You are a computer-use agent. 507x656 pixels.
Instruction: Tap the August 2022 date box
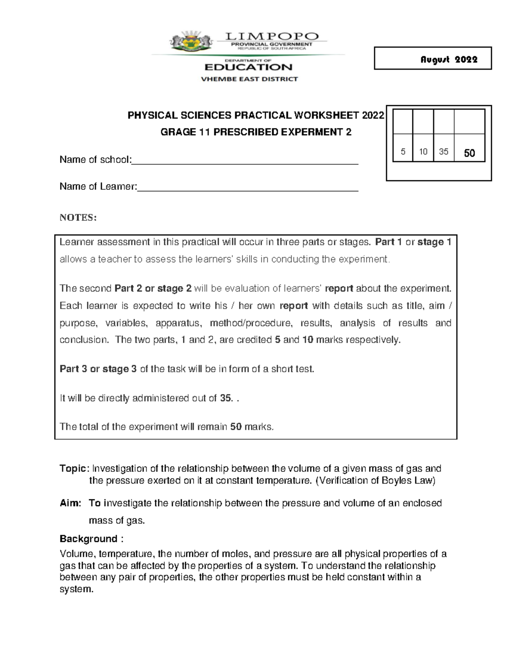tap(433, 58)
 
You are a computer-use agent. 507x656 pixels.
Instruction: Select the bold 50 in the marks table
tap(469, 153)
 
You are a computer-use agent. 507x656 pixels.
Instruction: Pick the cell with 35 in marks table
tap(444, 152)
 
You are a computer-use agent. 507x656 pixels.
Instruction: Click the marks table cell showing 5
tap(403, 152)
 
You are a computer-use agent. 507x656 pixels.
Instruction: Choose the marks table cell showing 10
tap(423, 152)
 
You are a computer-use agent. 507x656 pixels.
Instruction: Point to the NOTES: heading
tap(78, 218)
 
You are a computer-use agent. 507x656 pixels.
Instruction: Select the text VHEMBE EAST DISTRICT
tap(249, 79)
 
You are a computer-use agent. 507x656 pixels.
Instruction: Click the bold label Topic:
tap(74, 468)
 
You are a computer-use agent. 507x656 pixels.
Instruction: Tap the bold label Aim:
tap(70, 503)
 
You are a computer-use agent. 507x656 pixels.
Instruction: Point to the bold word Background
tap(88, 539)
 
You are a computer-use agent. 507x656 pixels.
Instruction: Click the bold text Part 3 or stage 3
tap(98, 369)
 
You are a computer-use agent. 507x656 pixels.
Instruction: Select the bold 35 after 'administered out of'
tap(226, 398)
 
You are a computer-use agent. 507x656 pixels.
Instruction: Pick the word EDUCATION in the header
tap(248, 67)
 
